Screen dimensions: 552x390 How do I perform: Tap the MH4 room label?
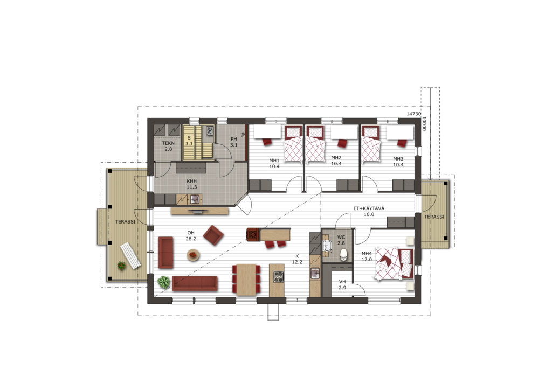click(x=367, y=254)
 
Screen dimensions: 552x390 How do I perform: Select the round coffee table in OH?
click(x=193, y=255)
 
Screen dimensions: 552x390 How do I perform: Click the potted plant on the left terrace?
click(x=121, y=265)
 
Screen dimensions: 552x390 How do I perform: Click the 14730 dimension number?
click(x=413, y=114)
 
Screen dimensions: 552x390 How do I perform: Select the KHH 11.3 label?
click(x=192, y=184)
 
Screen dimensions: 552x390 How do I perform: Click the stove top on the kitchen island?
click(x=279, y=276)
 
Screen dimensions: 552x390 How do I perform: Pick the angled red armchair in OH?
click(x=213, y=235)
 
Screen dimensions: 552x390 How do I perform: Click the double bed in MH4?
click(x=394, y=264)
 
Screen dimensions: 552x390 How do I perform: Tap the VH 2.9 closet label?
click(x=342, y=284)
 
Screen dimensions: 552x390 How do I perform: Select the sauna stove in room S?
click(x=210, y=130)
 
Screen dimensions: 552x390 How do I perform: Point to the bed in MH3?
click(x=371, y=144)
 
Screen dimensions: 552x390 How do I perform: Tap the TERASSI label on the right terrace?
click(x=434, y=217)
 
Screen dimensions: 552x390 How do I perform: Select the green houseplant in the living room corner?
click(x=164, y=282)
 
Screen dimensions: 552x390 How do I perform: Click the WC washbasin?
click(x=327, y=246)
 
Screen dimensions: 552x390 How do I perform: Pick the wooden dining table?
click(x=246, y=279)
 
